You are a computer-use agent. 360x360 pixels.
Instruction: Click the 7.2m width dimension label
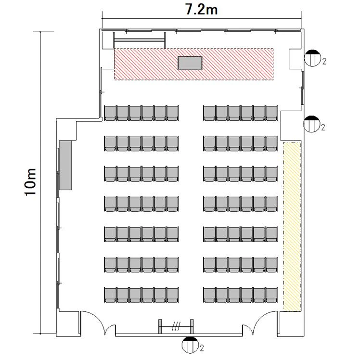(x=201, y=10)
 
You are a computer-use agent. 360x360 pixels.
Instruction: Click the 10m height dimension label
(x=30, y=182)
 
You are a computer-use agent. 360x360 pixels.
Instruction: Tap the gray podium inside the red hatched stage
(x=190, y=63)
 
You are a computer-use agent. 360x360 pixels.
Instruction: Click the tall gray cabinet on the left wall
(x=65, y=165)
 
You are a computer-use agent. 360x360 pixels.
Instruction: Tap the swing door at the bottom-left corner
(x=98, y=321)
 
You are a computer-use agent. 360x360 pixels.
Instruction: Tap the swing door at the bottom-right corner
(x=260, y=321)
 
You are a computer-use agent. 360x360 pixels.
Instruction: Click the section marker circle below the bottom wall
(x=190, y=345)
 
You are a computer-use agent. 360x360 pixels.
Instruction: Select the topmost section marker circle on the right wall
(x=312, y=58)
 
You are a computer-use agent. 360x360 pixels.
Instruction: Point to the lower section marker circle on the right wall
(x=311, y=124)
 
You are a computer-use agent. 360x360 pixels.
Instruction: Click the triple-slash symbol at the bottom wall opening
(x=176, y=326)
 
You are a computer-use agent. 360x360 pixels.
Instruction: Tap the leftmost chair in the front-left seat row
(x=110, y=113)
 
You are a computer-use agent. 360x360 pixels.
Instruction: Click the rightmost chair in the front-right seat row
(x=272, y=113)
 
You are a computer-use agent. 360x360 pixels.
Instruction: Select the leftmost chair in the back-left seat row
(x=110, y=295)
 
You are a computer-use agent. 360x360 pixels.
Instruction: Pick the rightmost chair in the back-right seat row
(x=272, y=295)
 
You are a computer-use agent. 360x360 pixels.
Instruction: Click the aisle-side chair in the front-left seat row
(x=172, y=113)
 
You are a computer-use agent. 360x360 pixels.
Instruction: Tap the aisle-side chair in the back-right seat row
(x=209, y=295)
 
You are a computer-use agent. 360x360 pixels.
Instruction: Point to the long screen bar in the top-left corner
(x=140, y=40)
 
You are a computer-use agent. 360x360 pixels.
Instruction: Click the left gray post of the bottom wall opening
(x=160, y=326)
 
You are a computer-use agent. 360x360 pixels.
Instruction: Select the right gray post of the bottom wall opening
(x=192, y=326)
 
